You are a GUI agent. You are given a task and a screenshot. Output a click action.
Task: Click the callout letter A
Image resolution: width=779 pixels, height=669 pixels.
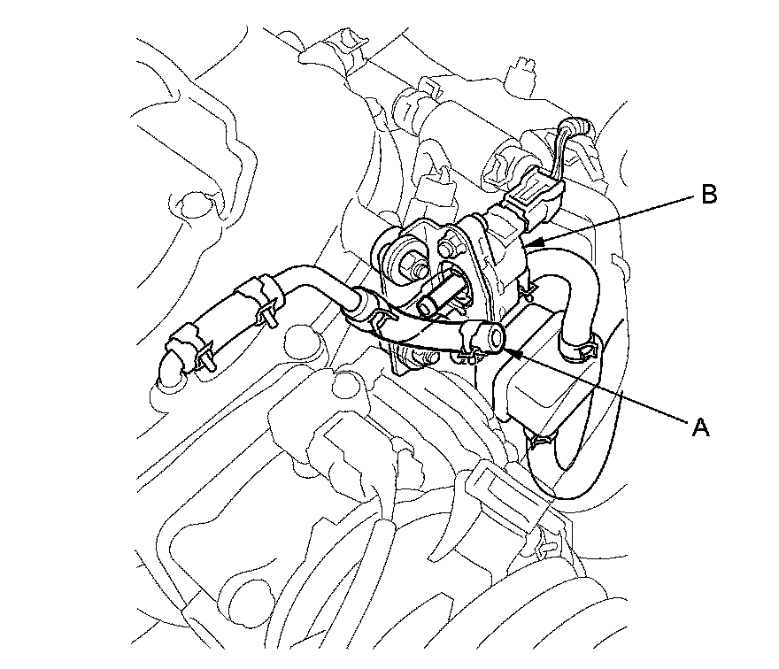coord(700,427)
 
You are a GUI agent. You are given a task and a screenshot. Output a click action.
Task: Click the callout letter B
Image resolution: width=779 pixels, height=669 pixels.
coord(708,196)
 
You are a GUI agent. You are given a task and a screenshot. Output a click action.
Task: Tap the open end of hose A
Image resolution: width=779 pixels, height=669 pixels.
coord(495,336)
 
